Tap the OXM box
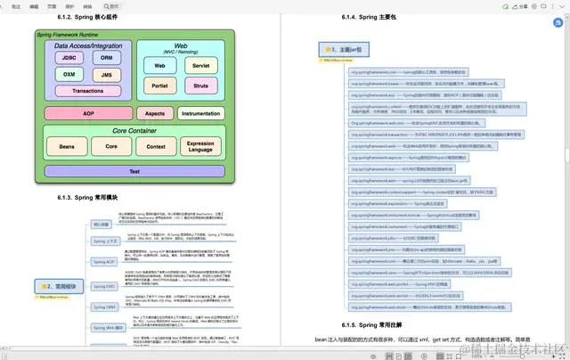tap(69, 76)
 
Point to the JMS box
tap(106, 76)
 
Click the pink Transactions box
tap(87, 91)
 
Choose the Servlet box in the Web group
tap(200, 66)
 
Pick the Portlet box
tap(160, 86)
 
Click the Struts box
tap(200, 86)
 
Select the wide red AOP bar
tap(88, 114)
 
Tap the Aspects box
tap(155, 114)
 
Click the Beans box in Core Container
tap(67, 145)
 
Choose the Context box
tap(155, 145)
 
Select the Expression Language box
tap(200, 145)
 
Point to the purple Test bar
tap(134, 170)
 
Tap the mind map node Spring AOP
tap(104, 262)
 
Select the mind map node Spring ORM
tap(104, 306)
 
